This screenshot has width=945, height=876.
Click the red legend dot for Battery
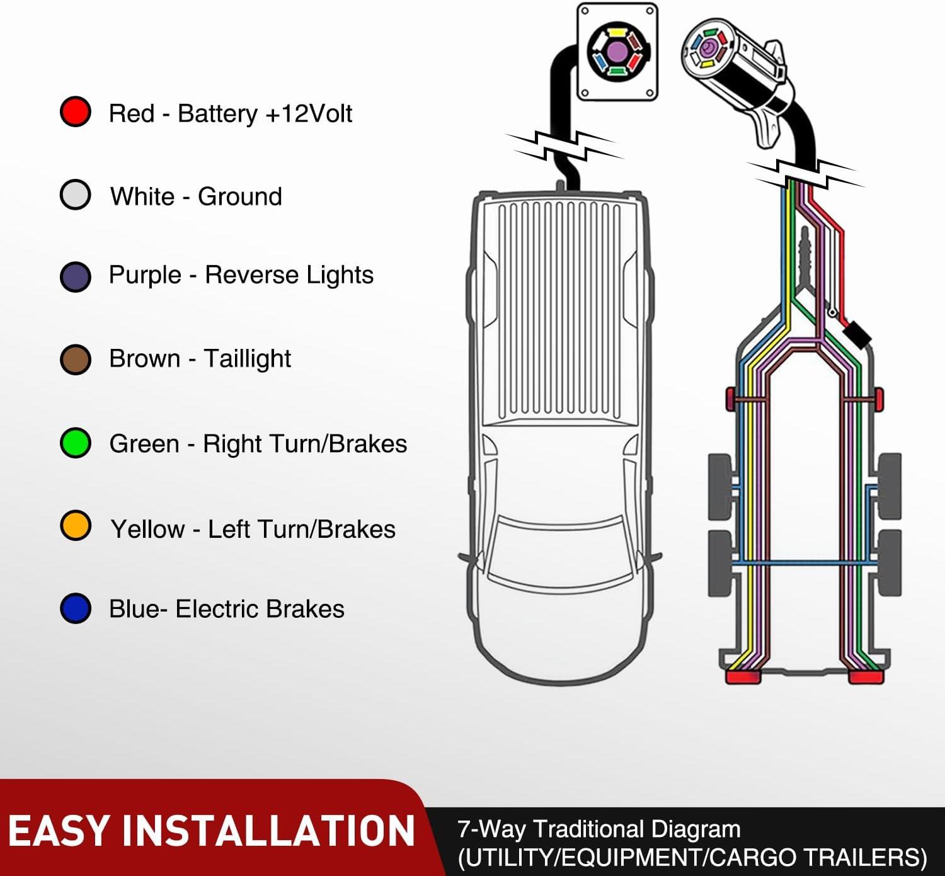76,112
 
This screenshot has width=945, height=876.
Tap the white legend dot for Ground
76,195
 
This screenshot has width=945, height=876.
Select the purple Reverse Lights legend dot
76,276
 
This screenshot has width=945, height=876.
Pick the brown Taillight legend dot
76,360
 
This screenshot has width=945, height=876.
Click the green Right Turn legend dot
76,443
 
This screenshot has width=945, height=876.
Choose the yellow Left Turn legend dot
76,526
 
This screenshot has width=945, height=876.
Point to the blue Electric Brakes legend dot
76,608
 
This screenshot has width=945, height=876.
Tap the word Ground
239,196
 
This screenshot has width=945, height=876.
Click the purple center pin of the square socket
614,50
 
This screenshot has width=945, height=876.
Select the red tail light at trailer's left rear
743,677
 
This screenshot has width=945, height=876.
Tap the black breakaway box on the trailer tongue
857,334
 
